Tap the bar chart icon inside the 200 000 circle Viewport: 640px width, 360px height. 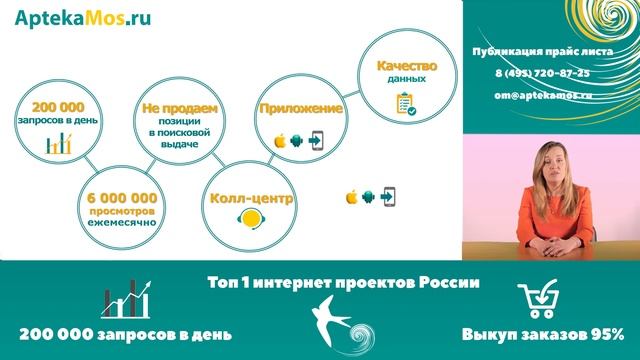pyautogui.click(x=54, y=143)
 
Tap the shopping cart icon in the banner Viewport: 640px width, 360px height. pyautogui.click(x=541, y=299)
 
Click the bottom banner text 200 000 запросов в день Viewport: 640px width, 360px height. pyautogui.click(x=126, y=334)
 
